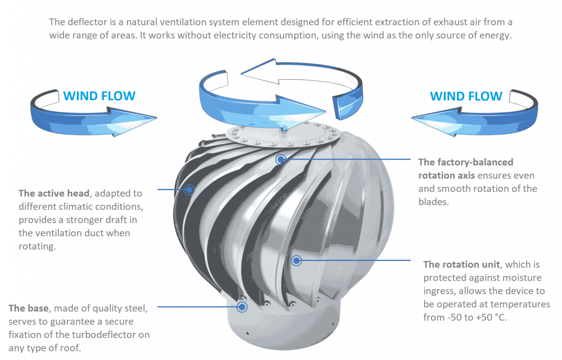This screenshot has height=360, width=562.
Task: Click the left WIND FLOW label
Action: [x=99, y=96]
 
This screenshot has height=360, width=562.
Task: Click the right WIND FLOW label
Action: [x=466, y=96]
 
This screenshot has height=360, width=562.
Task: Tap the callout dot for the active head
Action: [x=189, y=190]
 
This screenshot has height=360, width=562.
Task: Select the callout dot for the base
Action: [x=242, y=307]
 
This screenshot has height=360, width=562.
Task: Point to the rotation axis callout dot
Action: [x=280, y=159]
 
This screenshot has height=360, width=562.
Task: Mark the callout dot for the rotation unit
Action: [x=296, y=260]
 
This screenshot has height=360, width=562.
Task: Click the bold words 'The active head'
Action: [x=54, y=193]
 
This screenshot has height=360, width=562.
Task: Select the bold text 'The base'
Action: [x=28, y=308]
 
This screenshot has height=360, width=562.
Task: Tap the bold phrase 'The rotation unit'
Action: [x=461, y=264]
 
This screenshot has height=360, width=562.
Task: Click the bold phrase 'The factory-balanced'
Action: [x=465, y=163]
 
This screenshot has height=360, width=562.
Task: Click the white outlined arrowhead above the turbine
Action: [x=259, y=71]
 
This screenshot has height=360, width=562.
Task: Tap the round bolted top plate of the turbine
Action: [x=283, y=135]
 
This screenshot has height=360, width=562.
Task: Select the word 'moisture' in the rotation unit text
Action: [x=523, y=278]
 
